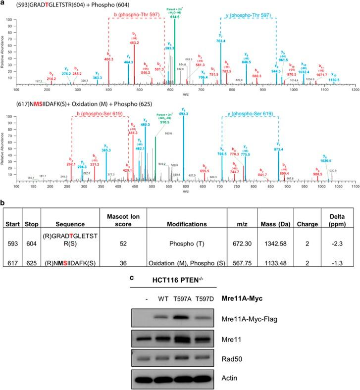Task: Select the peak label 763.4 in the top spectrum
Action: click(221, 41)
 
